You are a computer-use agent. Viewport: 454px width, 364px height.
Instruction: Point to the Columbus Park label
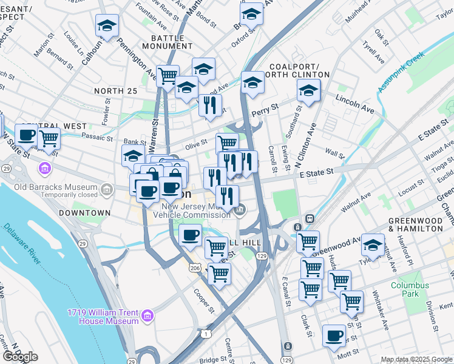pyautogui.click(x=410, y=289)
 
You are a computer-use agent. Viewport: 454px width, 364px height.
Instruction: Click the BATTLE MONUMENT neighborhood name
pyautogui.click(x=168, y=42)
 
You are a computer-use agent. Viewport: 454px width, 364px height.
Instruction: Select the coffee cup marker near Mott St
pyautogui.click(x=333, y=335)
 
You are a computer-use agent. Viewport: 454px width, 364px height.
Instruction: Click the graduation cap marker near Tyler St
pyautogui.click(x=373, y=244)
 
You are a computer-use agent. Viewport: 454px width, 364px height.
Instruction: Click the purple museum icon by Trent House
pyautogui.click(x=147, y=315)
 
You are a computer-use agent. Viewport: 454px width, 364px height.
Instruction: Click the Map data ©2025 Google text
pyautogui.click(x=416, y=359)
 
